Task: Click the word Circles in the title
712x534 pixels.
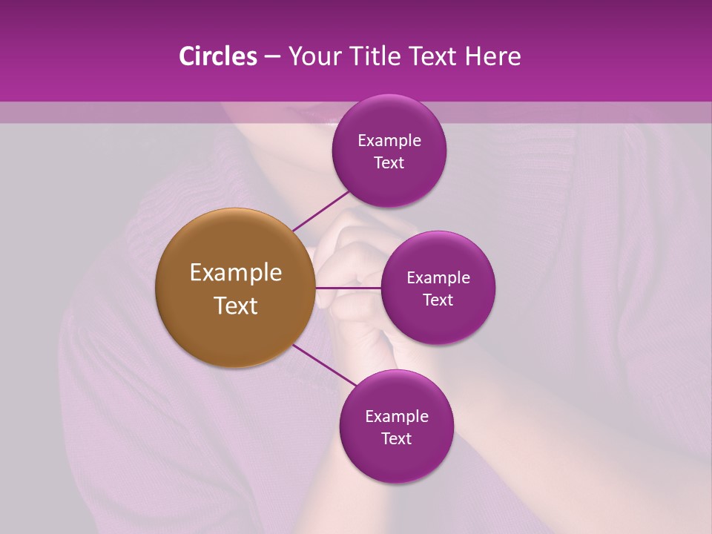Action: [217, 56]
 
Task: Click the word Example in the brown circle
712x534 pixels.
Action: [236, 273]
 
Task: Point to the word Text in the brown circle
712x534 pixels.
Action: [236, 306]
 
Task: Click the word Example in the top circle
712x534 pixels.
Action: [389, 141]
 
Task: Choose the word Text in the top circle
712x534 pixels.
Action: [389, 163]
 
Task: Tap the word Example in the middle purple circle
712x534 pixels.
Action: [438, 278]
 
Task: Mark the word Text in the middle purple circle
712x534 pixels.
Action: [438, 300]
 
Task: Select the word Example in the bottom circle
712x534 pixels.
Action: [397, 417]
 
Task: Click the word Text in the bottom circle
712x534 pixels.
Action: [397, 439]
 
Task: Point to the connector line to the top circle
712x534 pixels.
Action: [320, 211]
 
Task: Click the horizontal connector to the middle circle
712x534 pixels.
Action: [348, 288]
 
